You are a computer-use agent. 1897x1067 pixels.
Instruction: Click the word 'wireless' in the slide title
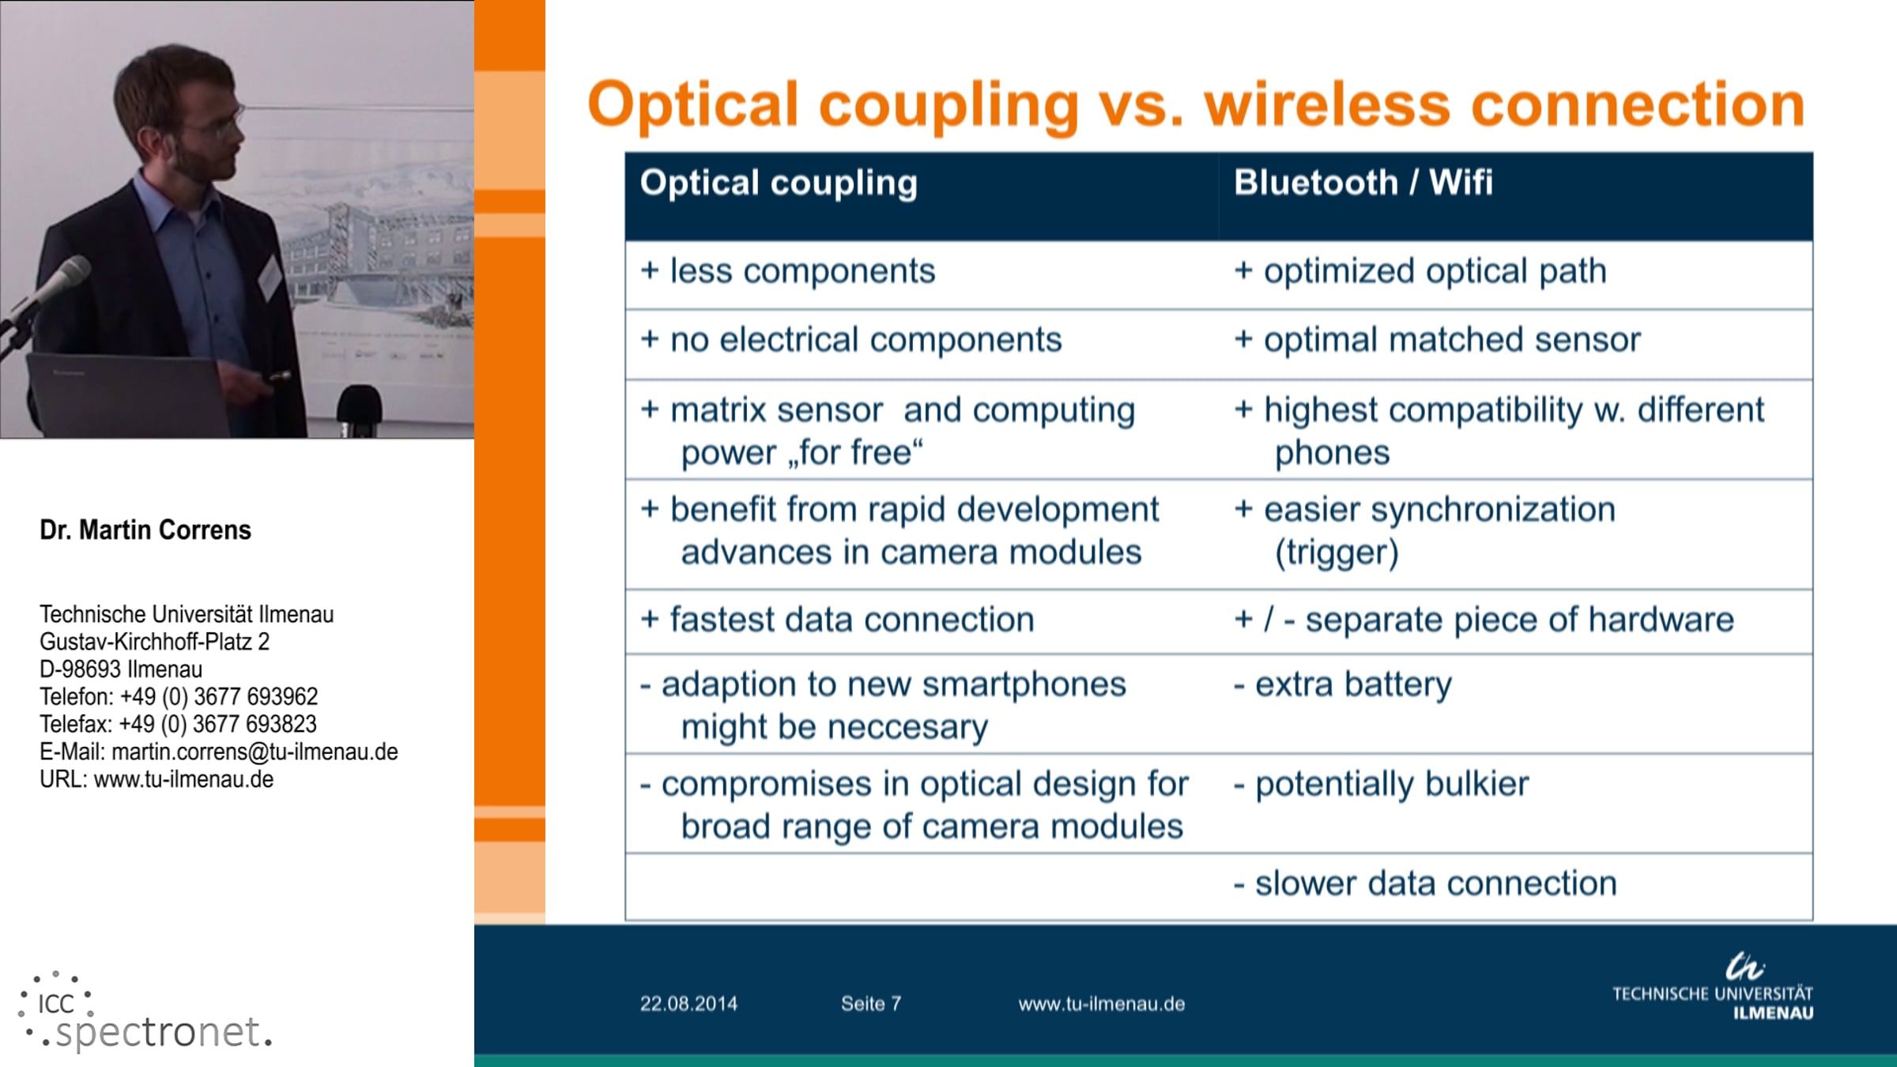[x=1327, y=104]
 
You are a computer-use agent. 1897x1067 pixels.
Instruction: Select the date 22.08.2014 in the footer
[x=688, y=1004]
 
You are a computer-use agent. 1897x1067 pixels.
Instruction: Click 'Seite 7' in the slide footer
[x=871, y=1004]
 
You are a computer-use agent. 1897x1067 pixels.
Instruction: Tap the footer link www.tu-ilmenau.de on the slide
[x=1102, y=1004]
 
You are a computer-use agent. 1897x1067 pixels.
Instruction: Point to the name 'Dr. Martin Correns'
[x=145, y=530]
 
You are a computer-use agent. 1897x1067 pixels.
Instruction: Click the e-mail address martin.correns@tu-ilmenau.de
[x=255, y=752]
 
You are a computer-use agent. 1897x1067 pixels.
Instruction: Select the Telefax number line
[x=178, y=724]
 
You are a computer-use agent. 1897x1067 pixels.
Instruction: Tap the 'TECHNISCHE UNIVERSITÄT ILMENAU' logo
[x=1713, y=988]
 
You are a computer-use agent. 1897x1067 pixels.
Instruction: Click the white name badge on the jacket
[x=270, y=277]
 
